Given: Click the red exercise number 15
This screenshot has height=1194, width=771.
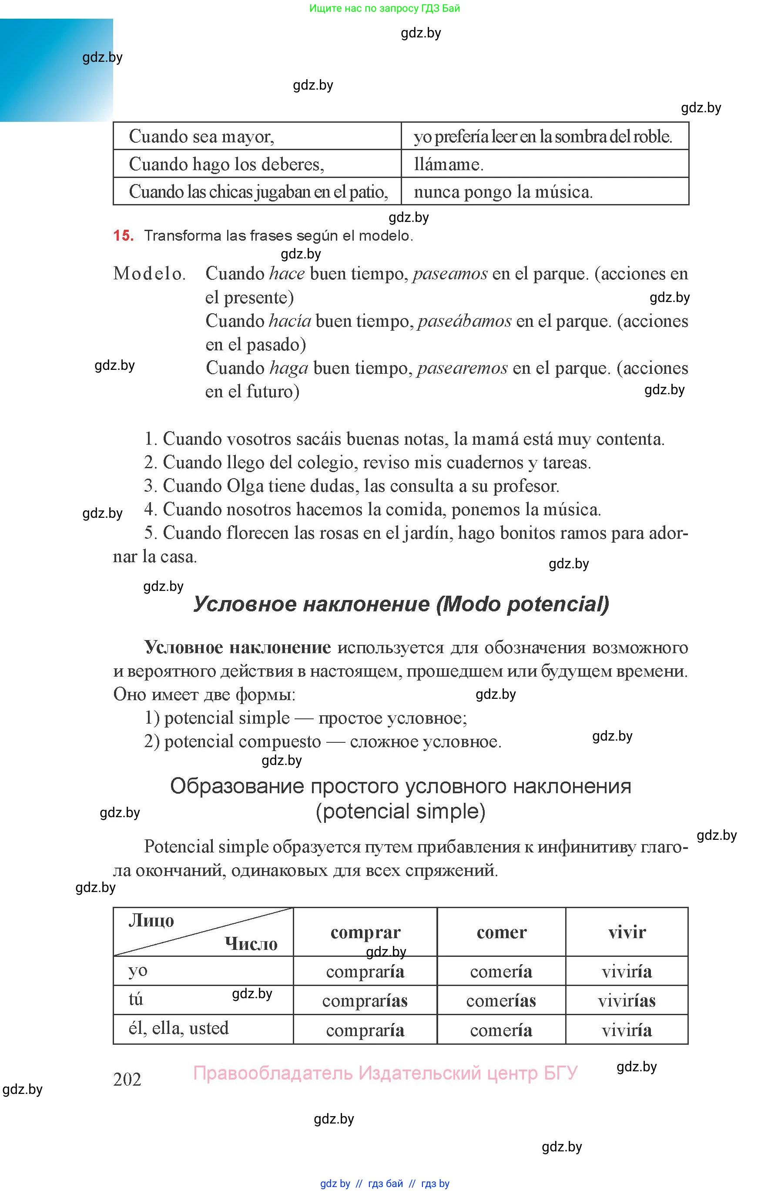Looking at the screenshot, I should [123, 235].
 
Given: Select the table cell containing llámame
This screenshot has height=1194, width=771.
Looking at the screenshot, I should [544, 164].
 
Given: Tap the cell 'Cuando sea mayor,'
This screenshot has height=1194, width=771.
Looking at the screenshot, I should [257, 136].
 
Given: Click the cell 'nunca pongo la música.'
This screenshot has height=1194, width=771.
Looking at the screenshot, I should [544, 191].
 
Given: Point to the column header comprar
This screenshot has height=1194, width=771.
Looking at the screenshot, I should [365, 932].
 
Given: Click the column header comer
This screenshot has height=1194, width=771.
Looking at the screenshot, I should [501, 932].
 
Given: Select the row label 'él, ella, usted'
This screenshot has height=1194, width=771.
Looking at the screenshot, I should [179, 1028].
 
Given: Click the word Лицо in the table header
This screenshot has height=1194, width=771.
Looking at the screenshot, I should [151, 920].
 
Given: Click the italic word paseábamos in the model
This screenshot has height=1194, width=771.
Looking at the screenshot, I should [464, 321].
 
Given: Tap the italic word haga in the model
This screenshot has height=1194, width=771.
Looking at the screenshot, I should [288, 368].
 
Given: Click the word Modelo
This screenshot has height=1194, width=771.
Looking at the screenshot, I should [149, 273].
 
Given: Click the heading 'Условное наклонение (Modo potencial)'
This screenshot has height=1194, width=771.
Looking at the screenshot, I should [401, 604].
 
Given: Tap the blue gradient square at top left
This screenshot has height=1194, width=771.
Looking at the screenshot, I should [56, 70].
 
